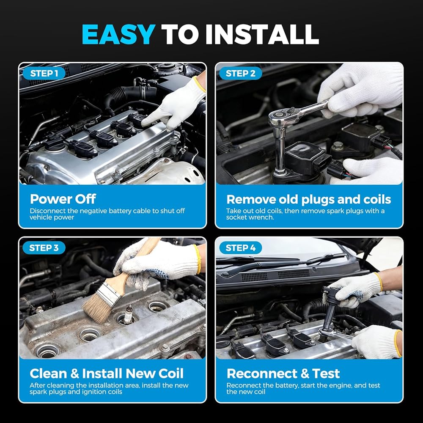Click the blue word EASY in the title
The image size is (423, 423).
pos(119,34)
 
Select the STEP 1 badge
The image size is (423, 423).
pos(44,73)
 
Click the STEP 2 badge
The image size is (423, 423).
pos(240,73)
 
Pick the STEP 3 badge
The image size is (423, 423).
pos(44,248)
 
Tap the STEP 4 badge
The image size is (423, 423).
pos(240,248)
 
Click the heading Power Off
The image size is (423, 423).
pos(63,199)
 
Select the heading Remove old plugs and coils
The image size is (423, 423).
pos(309,199)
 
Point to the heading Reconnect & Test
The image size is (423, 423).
pos(283,374)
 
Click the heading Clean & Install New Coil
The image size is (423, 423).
pos(107,374)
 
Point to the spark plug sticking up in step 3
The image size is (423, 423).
pos(128,314)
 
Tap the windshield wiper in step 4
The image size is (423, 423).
pos(280,263)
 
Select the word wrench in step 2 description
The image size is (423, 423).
pos(263,217)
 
